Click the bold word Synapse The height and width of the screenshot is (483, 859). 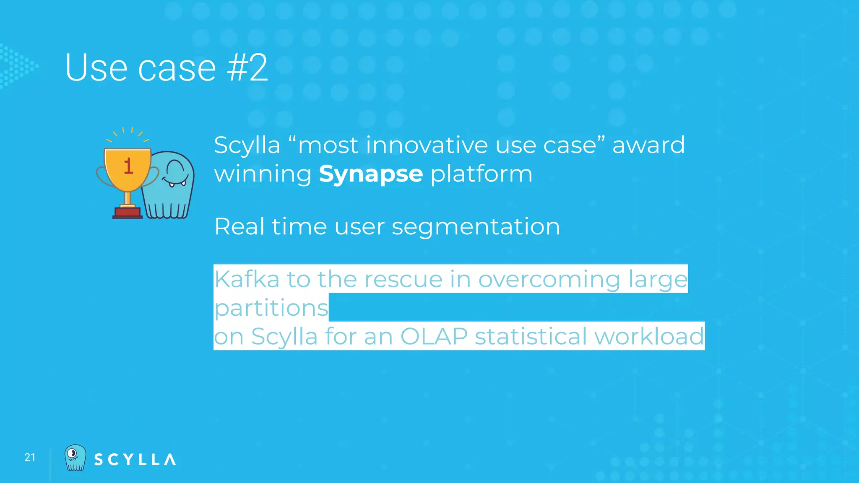pyautogui.click(x=371, y=174)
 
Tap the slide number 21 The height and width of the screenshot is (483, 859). pyautogui.click(x=30, y=457)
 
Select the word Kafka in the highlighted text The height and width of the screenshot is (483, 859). pyautogui.click(x=247, y=279)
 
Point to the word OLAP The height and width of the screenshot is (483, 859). pyautogui.click(x=434, y=337)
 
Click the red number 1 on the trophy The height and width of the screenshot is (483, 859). pyautogui.click(x=128, y=166)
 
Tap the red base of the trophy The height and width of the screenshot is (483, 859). pyautogui.click(x=128, y=213)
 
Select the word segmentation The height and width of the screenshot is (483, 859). pyautogui.click(x=476, y=227)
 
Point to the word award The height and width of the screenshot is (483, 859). pyautogui.click(x=648, y=145)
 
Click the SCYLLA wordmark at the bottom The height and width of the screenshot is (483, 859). pyautogui.click(x=135, y=460)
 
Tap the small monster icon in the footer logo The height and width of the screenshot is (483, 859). pyautogui.click(x=75, y=458)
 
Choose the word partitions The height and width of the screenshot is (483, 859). pyautogui.click(x=271, y=308)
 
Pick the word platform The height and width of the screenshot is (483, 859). pyautogui.click(x=482, y=174)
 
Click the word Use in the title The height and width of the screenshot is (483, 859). pyautogui.click(x=96, y=68)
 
